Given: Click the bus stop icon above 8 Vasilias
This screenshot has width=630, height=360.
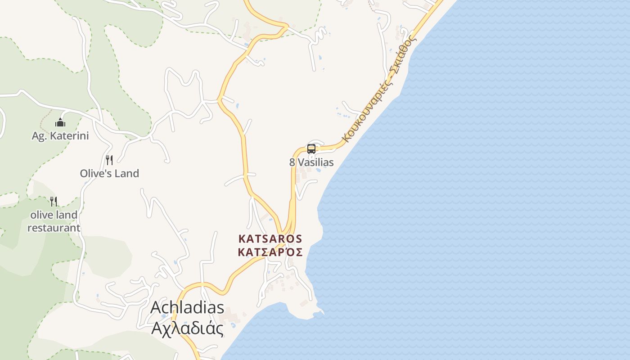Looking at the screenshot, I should (311, 148).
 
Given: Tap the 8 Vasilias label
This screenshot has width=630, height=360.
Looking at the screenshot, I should (311, 162).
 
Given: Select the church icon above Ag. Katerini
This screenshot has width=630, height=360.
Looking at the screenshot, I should (60, 122).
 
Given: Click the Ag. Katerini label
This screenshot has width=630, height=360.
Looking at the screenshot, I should (60, 135).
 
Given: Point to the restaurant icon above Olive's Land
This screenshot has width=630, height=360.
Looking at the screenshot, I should (109, 160).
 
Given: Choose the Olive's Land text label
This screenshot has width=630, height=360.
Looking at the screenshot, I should (109, 173).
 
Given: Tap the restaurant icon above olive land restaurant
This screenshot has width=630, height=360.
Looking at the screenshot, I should (54, 201).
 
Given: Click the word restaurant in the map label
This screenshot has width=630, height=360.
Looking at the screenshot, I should (54, 228).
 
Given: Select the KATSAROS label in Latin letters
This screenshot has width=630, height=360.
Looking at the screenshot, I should (270, 238).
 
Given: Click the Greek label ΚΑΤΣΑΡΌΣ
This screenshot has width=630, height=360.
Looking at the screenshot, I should (270, 252).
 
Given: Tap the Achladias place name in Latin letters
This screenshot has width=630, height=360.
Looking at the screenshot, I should (187, 307).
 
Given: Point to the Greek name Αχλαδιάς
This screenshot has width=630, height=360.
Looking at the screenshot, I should (187, 328).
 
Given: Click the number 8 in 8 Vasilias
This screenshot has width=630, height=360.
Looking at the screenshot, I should (292, 162).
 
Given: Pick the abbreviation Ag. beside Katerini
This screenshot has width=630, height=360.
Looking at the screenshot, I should (39, 135).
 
